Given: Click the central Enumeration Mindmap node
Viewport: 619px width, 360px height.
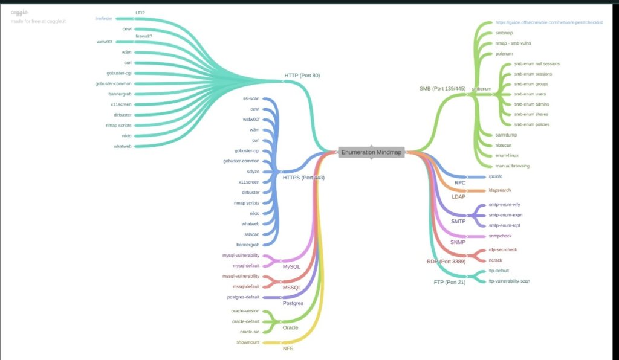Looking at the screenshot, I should pos(371,152).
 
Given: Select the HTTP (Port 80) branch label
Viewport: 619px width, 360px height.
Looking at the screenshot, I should pos(302,76).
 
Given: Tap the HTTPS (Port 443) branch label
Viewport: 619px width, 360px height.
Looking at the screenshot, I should pos(303,178).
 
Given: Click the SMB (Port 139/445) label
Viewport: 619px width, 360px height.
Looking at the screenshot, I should pos(442,88).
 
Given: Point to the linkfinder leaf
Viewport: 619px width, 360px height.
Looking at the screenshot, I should pos(103,18).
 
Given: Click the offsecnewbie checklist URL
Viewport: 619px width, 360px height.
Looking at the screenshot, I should pos(549,22).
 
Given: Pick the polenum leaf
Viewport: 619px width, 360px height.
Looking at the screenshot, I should pos(504,54).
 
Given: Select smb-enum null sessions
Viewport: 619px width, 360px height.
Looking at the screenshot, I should pos(537,63).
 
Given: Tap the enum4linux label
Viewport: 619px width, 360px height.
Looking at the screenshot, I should pos(507,155).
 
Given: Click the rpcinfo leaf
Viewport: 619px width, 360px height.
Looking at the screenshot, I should pos(496,176).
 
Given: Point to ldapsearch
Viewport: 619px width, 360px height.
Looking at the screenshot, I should pos(499,190).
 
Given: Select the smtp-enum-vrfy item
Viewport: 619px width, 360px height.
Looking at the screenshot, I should pos(504,205).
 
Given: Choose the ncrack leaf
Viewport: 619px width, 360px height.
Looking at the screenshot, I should pos(495,260).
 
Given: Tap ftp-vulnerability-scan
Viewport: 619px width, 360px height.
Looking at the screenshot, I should pos(509,281).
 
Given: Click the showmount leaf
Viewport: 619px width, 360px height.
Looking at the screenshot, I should pos(248,342).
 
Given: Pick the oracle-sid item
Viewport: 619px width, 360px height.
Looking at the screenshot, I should pos(249,332).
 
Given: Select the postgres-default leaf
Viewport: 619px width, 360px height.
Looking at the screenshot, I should pos(242,297).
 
